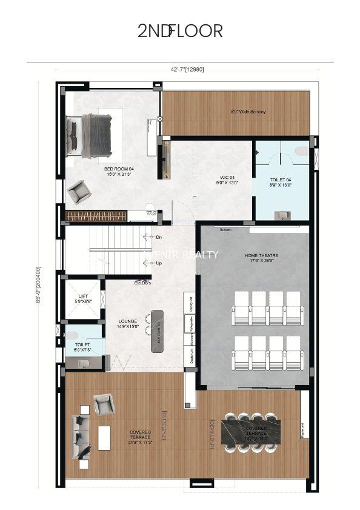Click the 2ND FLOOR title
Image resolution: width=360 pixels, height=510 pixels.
(x=180, y=31)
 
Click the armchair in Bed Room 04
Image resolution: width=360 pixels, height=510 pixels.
(x=79, y=192)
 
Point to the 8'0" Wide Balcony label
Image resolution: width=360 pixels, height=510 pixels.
(x=248, y=112)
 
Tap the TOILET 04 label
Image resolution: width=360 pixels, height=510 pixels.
(x=281, y=182)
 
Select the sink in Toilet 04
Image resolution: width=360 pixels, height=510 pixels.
(x=281, y=215)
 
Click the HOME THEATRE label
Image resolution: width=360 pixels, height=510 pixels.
(x=261, y=258)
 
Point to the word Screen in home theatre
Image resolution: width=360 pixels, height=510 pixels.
(x=225, y=230)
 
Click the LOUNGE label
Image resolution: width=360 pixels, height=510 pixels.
(x=128, y=324)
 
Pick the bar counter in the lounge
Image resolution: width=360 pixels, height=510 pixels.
(x=157, y=330)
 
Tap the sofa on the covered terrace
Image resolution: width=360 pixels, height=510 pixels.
(x=79, y=436)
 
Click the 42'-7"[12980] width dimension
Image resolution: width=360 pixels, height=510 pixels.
(x=187, y=69)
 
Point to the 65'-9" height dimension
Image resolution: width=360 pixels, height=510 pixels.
(x=39, y=285)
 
